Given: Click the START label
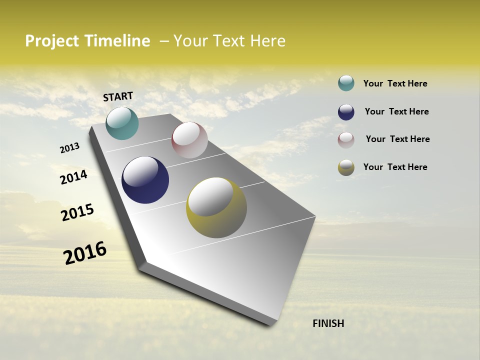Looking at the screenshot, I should click(118, 96).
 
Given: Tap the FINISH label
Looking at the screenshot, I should click(328, 323).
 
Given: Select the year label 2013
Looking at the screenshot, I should click(70, 148).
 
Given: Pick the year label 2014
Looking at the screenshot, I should click(73, 177).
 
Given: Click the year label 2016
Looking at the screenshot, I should click(85, 253).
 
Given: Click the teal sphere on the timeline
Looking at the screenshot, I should click(122, 123).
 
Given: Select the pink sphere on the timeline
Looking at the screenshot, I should click(189, 140).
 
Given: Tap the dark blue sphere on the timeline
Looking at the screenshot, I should click(145, 180).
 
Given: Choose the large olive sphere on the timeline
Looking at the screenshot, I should click(216, 207).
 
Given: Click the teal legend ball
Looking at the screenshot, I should click(346, 83).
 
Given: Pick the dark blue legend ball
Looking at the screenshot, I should click(346, 112).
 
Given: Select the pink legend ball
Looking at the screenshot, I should click(346, 140).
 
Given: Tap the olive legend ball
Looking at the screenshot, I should click(346, 167).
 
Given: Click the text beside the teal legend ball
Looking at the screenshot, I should click(395, 83).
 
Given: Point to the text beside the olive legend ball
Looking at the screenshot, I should click(395, 167).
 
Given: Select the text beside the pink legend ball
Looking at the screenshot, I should click(397, 139).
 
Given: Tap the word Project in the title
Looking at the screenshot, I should click(52, 41).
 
